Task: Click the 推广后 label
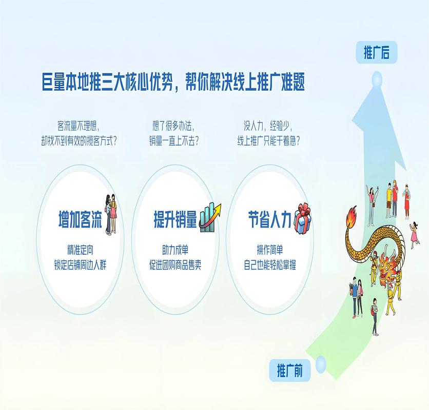coord(376,52)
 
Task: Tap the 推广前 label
coord(290,370)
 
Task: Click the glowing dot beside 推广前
coord(321,364)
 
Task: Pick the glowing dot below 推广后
coord(377,79)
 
